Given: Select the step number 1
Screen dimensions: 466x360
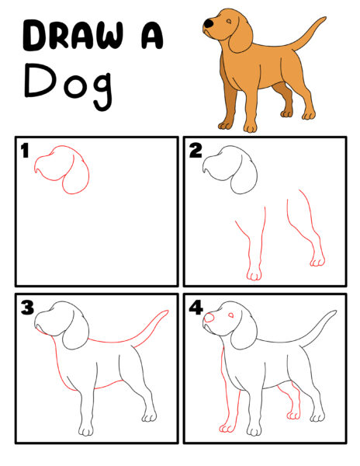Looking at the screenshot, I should coord(26,149).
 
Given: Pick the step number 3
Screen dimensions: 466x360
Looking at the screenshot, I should coord(27,308).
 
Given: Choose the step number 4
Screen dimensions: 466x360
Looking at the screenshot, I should coord(196,308).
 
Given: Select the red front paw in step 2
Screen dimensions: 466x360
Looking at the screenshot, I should coord(254,273).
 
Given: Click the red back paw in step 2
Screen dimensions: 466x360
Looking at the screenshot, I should coord(317,260).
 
